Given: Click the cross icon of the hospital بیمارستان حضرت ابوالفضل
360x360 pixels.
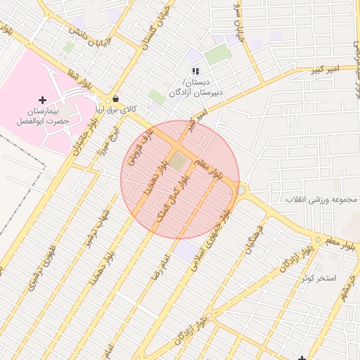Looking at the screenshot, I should coord(42,101).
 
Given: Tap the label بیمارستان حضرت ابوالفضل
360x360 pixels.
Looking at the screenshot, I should coord(43,116).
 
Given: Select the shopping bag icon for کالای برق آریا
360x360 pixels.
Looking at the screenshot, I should coord(115,99).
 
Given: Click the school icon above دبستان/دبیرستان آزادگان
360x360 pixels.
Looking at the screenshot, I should coord(195,71).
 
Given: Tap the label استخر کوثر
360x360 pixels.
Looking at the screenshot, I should coord(319,278).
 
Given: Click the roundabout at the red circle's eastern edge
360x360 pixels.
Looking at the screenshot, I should coord(242,190).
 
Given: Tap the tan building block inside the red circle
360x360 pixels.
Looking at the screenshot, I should coord(179,162).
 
